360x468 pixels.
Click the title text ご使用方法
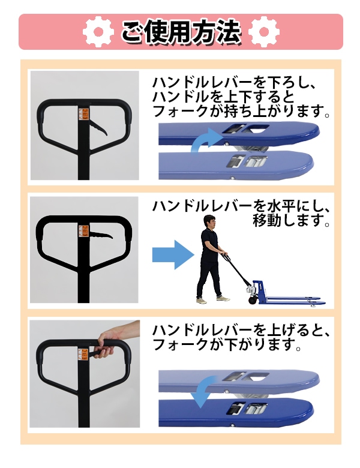pyautogui.click(x=181, y=31)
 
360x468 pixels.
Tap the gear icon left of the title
pyautogui.click(x=98, y=31)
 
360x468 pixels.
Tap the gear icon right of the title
pyautogui.click(x=263, y=31)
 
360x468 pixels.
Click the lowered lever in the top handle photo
pyautogui.click(x=99, y=128)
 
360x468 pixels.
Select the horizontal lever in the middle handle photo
pyautogui.click(x=101, y=235)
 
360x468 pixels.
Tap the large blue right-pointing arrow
pyautogui.click(x=173, y=254)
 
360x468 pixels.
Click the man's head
pyautogui.click(x=209, y=222)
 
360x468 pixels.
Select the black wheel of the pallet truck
pyautogui.click(x=253, y=299)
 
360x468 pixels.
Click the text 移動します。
pyautogui.click(x=292, y=220)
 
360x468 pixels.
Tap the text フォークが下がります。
pyautogui.click(x=227, y=344)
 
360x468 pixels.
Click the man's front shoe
pyautogui.click(x=223, y=298)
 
